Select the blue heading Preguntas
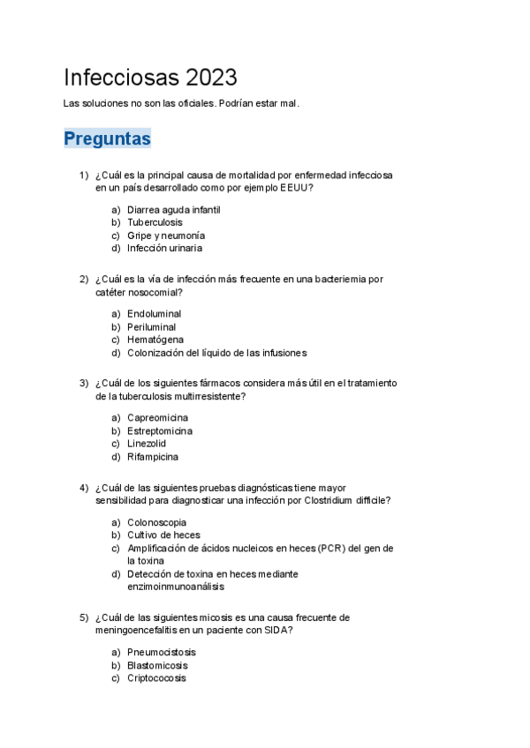click(x=108, y=138)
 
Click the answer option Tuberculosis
click(x=155, y=222)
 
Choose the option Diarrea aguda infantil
click(x=173, y=210)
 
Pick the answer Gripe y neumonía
click(x=166, y=236)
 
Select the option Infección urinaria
click(x=164, y=249)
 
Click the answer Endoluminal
click(x=154, y=314)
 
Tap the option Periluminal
click(x=151, y=327)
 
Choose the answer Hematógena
click(x=155, y=340)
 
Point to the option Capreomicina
click(x=157, y=418)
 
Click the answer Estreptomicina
click(x=160, y=431)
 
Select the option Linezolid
click(x=146, y=444)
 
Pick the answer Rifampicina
click(x=152, y=457)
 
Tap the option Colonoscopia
click(x=156, y=522)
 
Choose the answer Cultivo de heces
click(x=163, y=535)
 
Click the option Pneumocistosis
click(x=162, y=653)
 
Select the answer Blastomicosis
click(x=157, y=666)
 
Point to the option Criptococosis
click(x=156, y=678)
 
